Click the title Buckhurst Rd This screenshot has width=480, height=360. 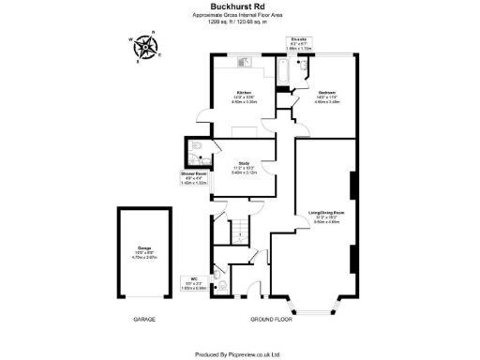240,6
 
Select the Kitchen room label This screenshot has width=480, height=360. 244,95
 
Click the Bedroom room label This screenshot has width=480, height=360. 327,95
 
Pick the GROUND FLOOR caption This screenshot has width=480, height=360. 272,320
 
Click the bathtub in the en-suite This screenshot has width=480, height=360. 283,71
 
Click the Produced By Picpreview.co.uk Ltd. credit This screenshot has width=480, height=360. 240,354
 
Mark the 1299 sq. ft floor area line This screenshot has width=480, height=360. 240,22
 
